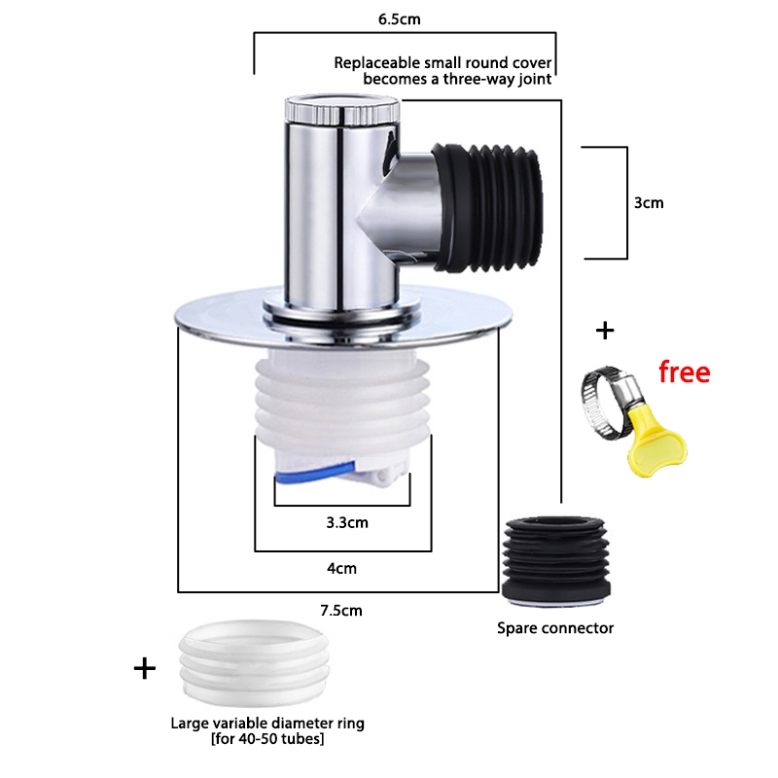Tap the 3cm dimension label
click(x=648, y=203)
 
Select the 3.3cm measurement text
click(x=347, y=522)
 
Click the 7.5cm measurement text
click(x=342, y=611)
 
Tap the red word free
click(x=684, y=371)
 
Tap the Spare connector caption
click(x=555, y=628)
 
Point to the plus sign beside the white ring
click(x=144, y=668)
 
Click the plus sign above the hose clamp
click(x=605, y=331)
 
